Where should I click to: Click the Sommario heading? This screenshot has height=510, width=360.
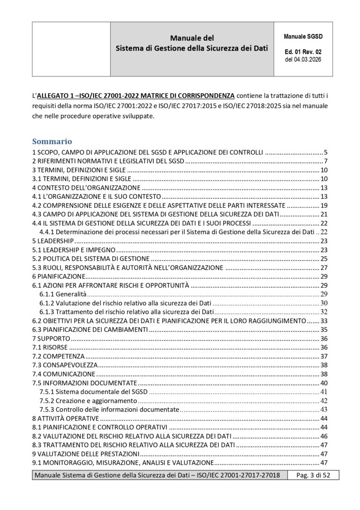pos(52,141)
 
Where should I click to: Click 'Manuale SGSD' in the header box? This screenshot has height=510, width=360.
pos(303,37)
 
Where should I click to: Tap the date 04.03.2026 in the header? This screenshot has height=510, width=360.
pos(307,60)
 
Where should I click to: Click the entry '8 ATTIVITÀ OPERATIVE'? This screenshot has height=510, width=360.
pos(65,418)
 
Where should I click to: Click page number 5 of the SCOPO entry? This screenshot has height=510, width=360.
pos(325,152)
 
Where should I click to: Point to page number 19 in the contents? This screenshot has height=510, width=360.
pos(323,205)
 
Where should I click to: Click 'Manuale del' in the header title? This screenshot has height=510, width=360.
pos(192,38)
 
